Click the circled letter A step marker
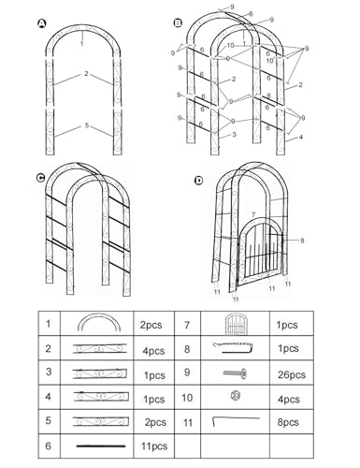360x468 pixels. [x=42, y=24]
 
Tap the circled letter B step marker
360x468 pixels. [x=178, y=22]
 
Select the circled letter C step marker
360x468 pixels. [x=41, y=178]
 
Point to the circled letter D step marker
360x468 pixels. [x=198, y=181]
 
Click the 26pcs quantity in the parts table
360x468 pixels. [x=292, y=374]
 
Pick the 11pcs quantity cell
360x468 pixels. [x=154, y=446]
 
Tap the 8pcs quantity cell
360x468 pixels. [x=288, y=422]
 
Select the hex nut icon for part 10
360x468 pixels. [x=236, y=396]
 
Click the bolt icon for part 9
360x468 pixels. [x=236, y=373]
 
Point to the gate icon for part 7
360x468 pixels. [x=236, y=324]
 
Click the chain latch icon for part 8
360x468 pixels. [x=233, y=348]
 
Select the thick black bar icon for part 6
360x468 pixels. [x=101, y=446]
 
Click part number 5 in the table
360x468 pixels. [x=48, y=420]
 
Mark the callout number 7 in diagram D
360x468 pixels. [x=253, y=214]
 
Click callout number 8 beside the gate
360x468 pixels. [x=302, y=241]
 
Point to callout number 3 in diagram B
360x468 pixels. [x=234, y=135]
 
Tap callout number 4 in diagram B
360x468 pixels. [x=300, y=137]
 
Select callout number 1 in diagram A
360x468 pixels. [x=81, y=44]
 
